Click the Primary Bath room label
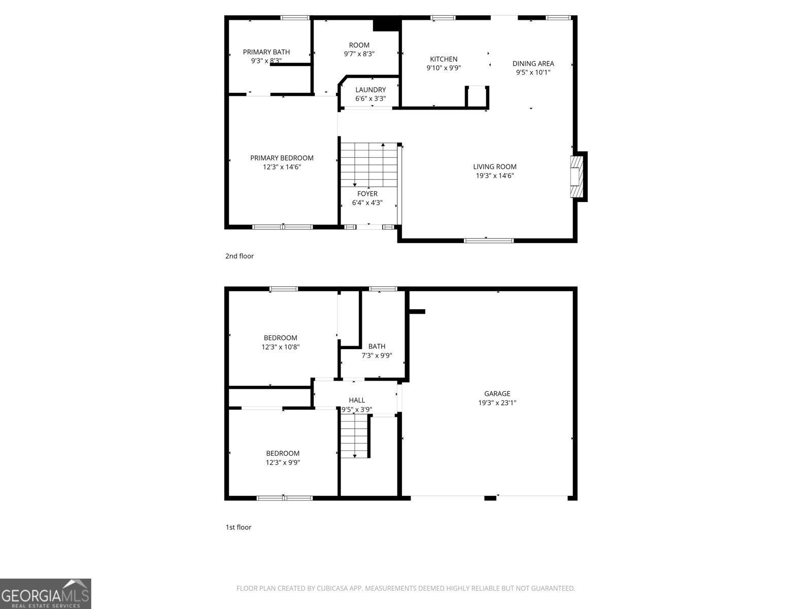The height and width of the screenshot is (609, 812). pos(266,52)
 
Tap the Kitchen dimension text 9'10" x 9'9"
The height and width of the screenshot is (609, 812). pos(444,68)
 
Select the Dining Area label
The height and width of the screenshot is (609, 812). pos(533,63)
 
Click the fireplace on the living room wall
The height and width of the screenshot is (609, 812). pos(577,176)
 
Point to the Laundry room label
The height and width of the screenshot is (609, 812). pos(370,90)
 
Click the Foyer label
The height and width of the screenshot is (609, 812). pos(367,194)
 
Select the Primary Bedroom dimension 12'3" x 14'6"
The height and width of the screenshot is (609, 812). pos(282,167)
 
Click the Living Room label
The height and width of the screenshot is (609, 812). pos(494,166)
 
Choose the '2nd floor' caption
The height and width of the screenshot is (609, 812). pos(239,256)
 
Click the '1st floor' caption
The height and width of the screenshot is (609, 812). pos(238,527)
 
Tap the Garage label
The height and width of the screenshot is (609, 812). pos(497,393)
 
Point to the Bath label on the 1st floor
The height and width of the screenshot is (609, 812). pos(377,347)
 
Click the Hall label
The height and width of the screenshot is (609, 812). pos(356,400)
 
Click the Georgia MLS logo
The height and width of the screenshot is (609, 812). pos(45,594)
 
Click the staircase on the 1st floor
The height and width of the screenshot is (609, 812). pos(354,435)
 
